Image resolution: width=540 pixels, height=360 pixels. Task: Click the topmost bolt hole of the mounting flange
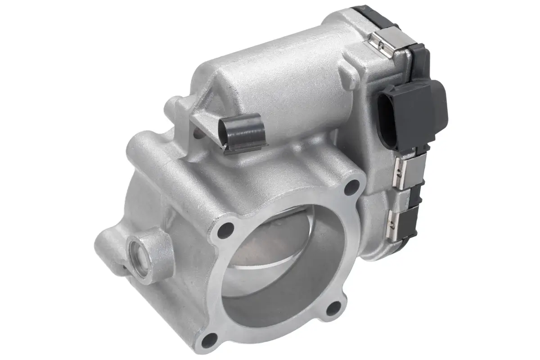coord(354,187)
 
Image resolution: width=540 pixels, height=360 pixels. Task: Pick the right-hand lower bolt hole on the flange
coord(334,308)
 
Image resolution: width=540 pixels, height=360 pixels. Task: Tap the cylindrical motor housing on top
coord(279,85)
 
